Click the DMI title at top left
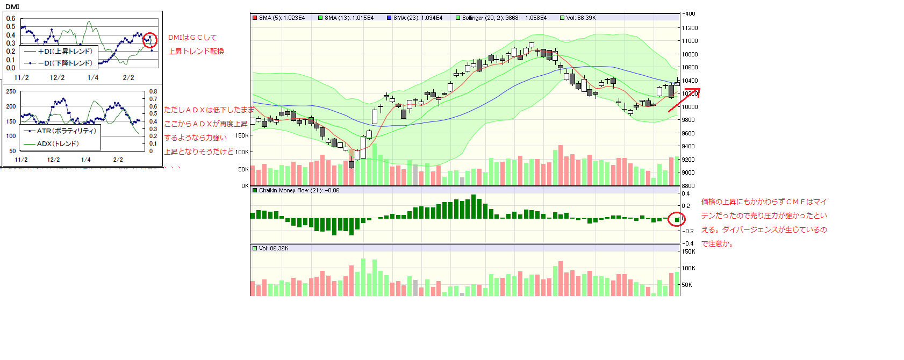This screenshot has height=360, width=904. (x=12, y=7)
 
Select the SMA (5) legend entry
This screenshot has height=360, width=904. (x=279, y=18)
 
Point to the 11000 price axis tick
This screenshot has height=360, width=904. (x=690, y=41)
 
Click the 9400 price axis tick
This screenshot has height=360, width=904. (x=688, y=146)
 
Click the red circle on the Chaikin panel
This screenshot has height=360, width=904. (x=676, y=219)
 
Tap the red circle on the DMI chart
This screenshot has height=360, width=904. (x=150, y=40)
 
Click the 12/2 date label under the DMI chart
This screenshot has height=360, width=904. (x=57, y=77)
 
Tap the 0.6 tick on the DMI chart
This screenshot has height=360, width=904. (x=11, y=19)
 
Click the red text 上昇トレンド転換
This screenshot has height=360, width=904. (x=196, y=52)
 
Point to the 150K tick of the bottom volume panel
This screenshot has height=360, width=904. (x=688, y=251)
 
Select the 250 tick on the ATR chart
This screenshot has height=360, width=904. (x=11, y=92)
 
